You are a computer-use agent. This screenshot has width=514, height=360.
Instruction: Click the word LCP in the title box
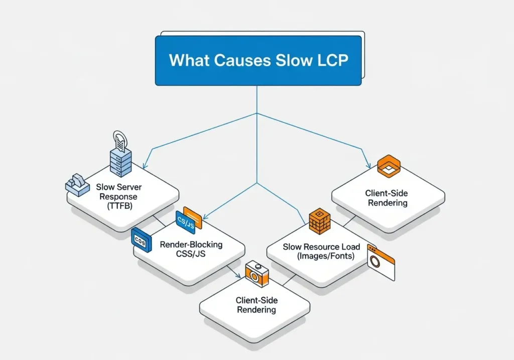tap(326, 60)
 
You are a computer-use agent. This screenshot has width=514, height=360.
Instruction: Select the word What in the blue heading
tap(189, 60)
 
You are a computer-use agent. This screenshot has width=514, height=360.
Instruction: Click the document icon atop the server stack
tap(120, 138)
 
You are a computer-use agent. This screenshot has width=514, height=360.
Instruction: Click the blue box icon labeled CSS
tap(141, 239)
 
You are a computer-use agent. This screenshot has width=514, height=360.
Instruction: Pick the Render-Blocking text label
tap(191, 245)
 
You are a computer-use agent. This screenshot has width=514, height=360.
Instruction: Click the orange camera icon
tap(256, 275)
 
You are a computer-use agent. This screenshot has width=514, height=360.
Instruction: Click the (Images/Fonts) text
tap(321, 256)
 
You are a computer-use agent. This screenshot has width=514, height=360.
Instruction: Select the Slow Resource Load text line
tap(321, 247)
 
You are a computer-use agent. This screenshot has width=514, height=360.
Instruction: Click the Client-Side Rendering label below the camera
tap(256, 305)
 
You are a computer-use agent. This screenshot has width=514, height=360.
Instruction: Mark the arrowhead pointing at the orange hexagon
tap(368, 165)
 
